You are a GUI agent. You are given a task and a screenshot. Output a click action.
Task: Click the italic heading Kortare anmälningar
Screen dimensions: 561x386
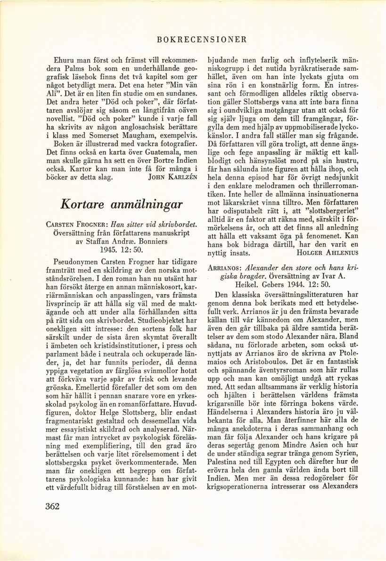122,204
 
